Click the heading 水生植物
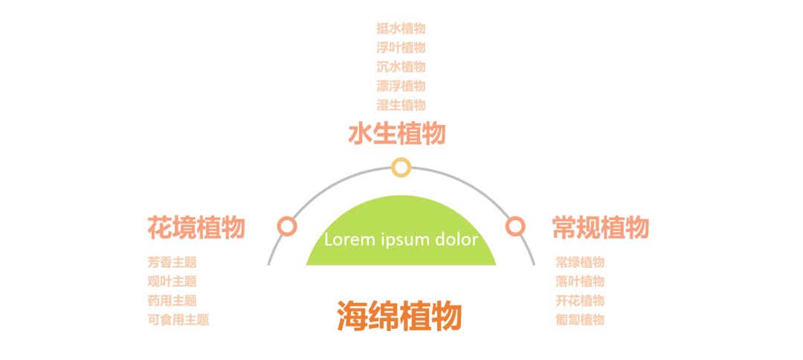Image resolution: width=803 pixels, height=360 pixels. coord(397,135)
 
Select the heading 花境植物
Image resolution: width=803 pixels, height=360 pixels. coord(196,227)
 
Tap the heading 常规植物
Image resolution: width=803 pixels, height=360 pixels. coord(601,227)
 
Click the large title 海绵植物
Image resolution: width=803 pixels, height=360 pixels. coord(400,315)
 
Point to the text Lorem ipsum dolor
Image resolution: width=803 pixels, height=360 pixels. coord(401,240)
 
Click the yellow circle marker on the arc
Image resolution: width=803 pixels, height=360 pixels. coord(401,167)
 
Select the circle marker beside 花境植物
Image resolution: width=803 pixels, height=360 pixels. coord(287,226)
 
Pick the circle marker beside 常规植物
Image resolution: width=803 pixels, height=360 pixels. coord(515,226)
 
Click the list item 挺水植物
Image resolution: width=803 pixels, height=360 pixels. coord(401,28)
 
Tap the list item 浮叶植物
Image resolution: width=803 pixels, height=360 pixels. coord(401,48)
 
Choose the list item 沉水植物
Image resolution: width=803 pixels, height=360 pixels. coord(401,67)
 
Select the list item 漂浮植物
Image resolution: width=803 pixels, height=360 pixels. coord(401,86)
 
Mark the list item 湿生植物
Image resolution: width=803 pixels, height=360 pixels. coord(401,105)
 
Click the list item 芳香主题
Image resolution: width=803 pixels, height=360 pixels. coord(172,262)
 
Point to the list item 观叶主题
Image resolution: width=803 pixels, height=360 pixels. coord(172,281)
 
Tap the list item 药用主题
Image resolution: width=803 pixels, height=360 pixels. coord(172,300)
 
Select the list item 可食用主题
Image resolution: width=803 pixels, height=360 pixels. coord(178,320)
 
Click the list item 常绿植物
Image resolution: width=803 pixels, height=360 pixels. coord(580,262)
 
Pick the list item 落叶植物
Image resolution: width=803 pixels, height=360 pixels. coord(580,281)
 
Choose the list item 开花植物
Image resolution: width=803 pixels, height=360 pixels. coord(580,300)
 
